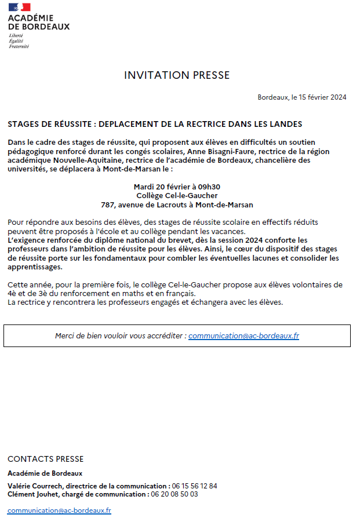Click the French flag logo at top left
point(19,8)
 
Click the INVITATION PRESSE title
point(177,75)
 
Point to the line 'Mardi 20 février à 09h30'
point(177,187)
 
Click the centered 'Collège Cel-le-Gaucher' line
point(177,196)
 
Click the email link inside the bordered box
point(243,336)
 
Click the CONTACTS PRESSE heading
point(45,459)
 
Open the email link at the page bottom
point(59,511)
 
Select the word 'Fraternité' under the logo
point(19,46)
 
